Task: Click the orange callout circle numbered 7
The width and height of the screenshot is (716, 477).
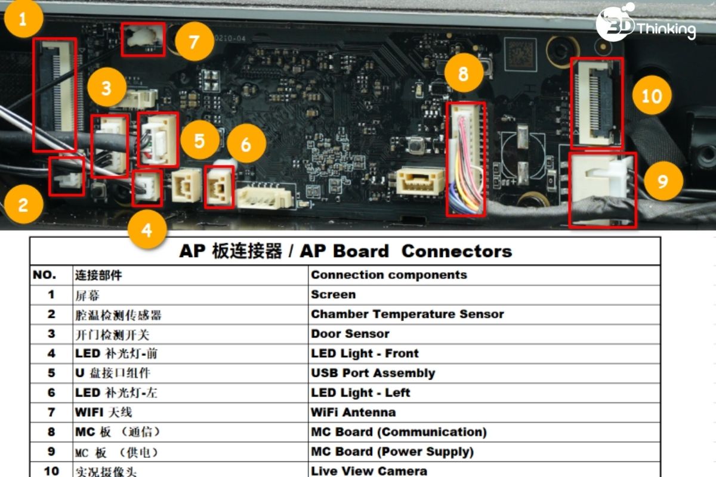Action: [x=195, y=42]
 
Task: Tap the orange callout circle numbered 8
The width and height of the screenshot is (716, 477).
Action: [x=464, y=73]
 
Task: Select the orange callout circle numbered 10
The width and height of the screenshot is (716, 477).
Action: [x=652, y=95]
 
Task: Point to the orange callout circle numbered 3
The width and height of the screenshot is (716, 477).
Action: [x=107, y=88]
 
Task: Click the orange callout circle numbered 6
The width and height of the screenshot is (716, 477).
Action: [x=246, y=144]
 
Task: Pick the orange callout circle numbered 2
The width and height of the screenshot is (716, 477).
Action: [x=23, y=205]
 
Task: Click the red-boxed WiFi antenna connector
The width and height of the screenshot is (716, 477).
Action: [x=143, y=39]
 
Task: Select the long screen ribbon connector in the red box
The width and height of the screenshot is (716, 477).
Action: [x=55, y=95]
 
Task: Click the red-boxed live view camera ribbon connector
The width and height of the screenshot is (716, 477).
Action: [x=597, y=103]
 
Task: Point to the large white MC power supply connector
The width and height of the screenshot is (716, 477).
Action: [x=603, y=190]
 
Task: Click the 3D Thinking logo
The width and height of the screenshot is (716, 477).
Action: [x=646, y=23]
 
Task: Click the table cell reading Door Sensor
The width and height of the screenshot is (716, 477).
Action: [x=350, y=334]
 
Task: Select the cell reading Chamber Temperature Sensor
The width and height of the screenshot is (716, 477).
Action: [x=408, y=314]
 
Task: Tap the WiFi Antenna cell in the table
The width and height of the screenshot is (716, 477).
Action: [x=353, y=412]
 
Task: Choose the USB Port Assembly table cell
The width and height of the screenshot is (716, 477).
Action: [x=373, y=373]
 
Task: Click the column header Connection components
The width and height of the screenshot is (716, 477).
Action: [x=389, y=275]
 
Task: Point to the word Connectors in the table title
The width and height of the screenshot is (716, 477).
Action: [x=457, y=251]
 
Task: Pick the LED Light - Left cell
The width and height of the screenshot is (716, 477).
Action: [x=360, y=393]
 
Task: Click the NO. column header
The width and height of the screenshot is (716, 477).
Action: [x=44, y=275]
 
